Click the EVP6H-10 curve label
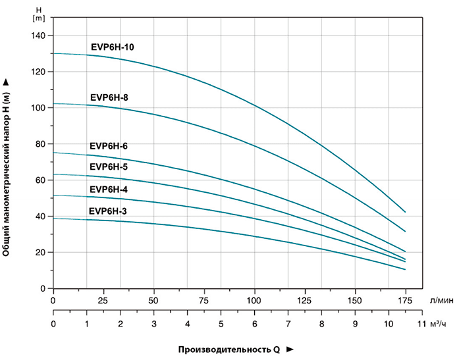pos(113,47)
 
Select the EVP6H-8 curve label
pos(109,97)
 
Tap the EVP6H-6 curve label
pos(109,146)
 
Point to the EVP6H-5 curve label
pos(109,167)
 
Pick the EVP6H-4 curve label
pos(109,190)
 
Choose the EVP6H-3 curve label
pos(109,211)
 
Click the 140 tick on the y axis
pos(38,36)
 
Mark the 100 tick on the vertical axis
pos(38,108)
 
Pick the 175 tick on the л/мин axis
pos(405,300)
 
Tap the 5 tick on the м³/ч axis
pos(221,324)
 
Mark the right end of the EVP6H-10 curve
pos(405,212)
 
